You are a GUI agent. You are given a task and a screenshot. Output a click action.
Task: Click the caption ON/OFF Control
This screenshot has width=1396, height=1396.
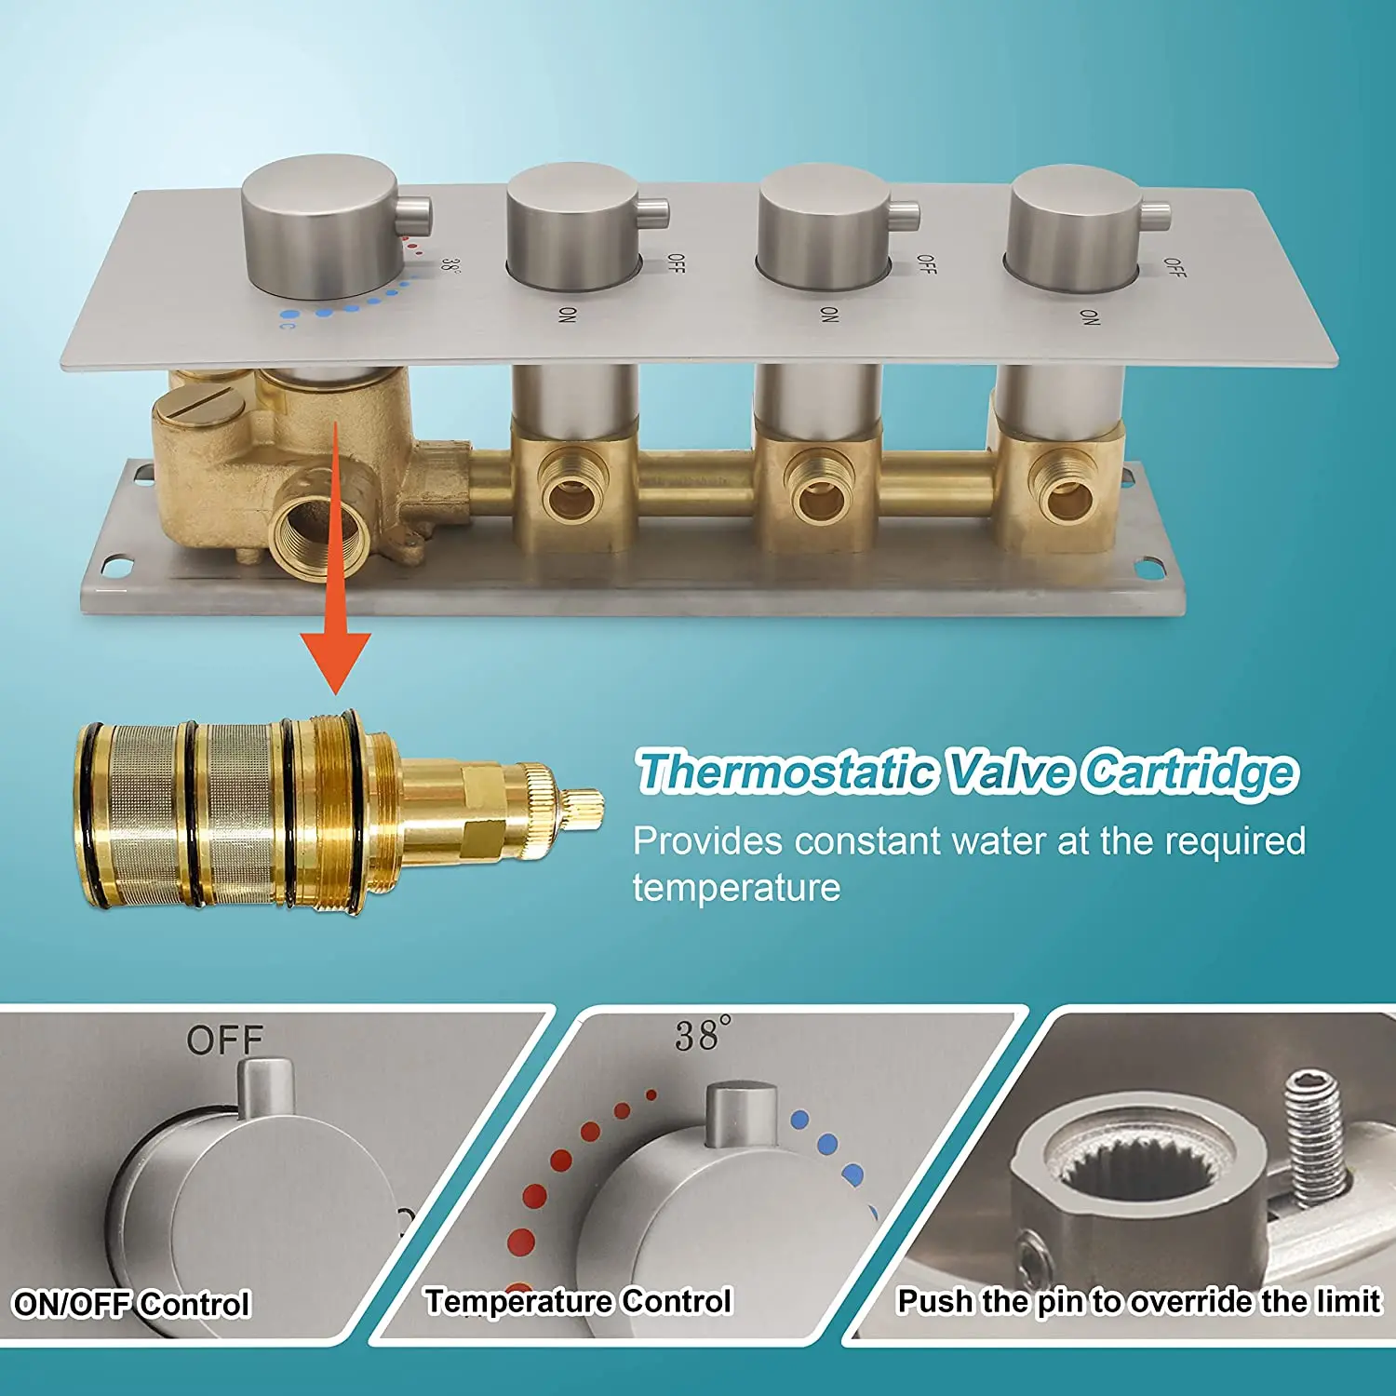(x=132, y=1304)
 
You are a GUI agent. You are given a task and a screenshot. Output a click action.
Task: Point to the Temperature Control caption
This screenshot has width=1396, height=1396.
(x=579, y=1301)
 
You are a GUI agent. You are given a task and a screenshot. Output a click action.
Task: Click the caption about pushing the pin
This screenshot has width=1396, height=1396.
(x=1138, y=1301)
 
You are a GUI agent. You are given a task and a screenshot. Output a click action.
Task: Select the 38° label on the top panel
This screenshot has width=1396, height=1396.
(x=450, y=265)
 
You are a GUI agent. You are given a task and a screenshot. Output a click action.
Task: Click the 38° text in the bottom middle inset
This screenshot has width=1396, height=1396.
(x=704, y=1034)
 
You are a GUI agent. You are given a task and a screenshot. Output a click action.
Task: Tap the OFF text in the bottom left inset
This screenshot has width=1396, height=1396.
(x=224, y=1040)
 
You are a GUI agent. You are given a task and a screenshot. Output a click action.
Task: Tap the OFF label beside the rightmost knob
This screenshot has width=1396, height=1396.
(x=1175, y=268)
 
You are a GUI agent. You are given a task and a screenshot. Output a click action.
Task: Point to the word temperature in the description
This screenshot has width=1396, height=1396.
(x=736, y=888)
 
